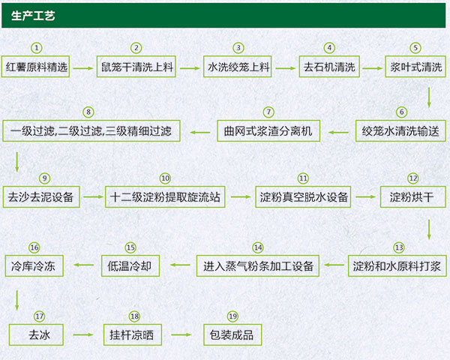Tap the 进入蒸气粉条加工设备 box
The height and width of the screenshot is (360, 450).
[x=258, y=265]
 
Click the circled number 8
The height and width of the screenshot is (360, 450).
[x=89, y=112]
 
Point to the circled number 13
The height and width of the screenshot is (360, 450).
[x=399, y=247]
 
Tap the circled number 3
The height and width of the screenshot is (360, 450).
[x=238, y=47]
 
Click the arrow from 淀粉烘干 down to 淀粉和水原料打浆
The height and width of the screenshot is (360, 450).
[x=428, y=227]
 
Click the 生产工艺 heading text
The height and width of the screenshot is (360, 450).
[x=33, y=15]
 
